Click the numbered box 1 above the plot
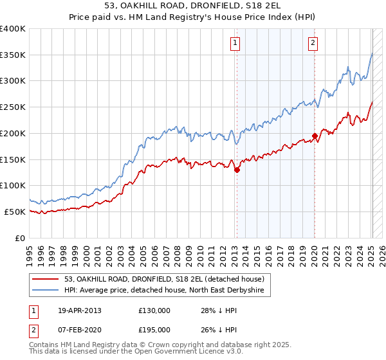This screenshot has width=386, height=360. pyautogui.click(x=235, y=43)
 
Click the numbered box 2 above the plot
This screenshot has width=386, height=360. pyautogui.click(x=313, y=43)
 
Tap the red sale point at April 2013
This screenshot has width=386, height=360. pyautogui.click(x=237, y=170)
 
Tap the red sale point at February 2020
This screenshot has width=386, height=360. pyautogui.click(x=315, y=136)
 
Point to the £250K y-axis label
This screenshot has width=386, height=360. pyautogui.click(x=13, y=107)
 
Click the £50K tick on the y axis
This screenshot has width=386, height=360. pyautogui.click(x=15, y=212)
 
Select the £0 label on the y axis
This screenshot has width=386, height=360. pyautogui.click(x=21, y=238)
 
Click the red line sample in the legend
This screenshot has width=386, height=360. pyautogui.click(x=46, y=279)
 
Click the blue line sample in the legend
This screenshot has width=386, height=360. pyautogui.click(x=46, y=291)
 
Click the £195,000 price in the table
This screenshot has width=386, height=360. pyautogui.click(x=154, y=329)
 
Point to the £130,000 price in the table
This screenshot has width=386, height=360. pyautogui.click(x=154, y=310)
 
